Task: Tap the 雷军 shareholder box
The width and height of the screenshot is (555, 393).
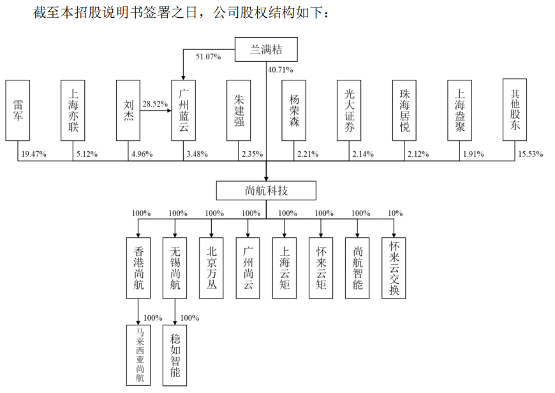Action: pyautogui.click(x=17, y=110)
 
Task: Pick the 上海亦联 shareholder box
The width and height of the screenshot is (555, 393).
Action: pyautogui.click(x=73, y=110)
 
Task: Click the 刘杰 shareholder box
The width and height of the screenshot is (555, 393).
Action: pyautogui.click(x=128, y=110)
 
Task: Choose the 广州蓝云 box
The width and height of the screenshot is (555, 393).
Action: pyautogui.click(x=184, y=110)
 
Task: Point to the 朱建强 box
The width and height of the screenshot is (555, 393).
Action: pyautogui.click(x=239, y=110)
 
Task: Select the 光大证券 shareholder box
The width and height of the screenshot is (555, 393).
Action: pyautogui.click(x=349, y=110)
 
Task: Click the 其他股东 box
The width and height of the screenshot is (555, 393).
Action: pyautogui.click(x=515, y=109)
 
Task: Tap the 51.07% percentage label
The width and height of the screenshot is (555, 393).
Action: pyautogui.click(x=208, y=57)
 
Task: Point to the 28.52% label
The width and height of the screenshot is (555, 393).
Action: pyautogui.click(x=155, y=103)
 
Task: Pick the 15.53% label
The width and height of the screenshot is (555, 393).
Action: pyautogui.click(x=530, y=154)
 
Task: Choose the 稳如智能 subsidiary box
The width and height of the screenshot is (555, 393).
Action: pyautogui.click(x=175, y=355)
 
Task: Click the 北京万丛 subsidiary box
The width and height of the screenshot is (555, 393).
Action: pyautogui.click(x=212, y=267)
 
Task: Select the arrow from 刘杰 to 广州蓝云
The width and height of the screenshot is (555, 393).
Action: pyautogui.click(x=156, y=110)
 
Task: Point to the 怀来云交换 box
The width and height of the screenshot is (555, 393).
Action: pyautogui.click(x=394, y=267)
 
